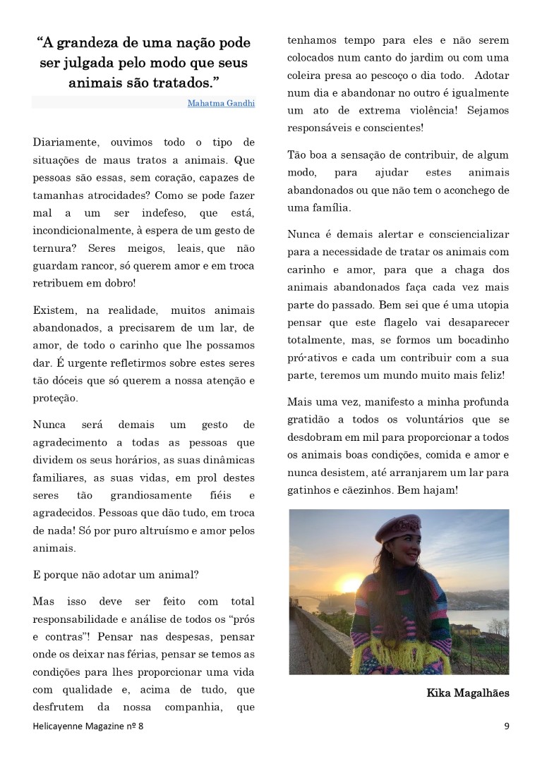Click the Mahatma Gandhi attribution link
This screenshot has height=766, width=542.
[221, 103]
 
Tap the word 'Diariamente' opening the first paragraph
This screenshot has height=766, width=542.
[65, 142]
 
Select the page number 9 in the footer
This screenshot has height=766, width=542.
[507, 726]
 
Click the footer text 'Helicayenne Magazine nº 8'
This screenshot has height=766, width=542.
[92, 726]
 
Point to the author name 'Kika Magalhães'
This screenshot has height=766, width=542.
[467, 693]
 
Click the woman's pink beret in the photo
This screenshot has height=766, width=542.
[397, 526]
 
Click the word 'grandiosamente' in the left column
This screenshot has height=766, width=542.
[158, 495]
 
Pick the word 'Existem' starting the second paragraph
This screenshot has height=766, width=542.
[54, 310]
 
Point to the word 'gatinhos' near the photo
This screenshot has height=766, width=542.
[308, 489]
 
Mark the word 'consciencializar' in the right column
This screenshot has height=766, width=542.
[466, 235]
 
